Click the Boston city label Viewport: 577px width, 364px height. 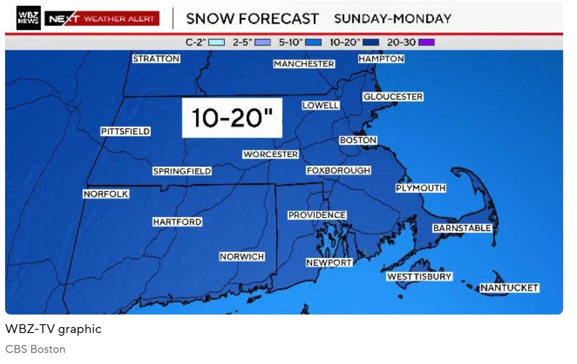[x=358, y=140]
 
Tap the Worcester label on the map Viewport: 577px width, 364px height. [x=270, y=154]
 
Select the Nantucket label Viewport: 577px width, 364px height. [x=509, y=288]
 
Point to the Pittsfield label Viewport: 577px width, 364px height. [x=125, y=132]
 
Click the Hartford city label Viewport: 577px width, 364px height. [x=177, y=222]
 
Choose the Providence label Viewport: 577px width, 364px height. [x=317, y=215]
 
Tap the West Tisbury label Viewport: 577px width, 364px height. [x=419, y=277]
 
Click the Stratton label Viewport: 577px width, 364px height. [x=156, y=59]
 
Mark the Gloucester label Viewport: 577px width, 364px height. [x=393, y=97]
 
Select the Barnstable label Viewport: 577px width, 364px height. [x=462, y=228]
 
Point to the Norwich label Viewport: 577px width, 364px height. [x=242, y=257]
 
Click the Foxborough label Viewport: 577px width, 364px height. [x=339, y=171]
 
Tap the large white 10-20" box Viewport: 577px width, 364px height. [x=232, y=118]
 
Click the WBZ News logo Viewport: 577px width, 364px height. [x=28, y=19]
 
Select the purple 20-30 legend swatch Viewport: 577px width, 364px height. [x=426, y=43]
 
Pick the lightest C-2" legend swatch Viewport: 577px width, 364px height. [x=216, y=43]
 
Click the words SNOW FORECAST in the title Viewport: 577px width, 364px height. [x=252, y=19]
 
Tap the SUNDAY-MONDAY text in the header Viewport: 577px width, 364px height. [x=392, y=19]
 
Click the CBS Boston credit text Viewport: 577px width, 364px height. [x=35, y=349]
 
